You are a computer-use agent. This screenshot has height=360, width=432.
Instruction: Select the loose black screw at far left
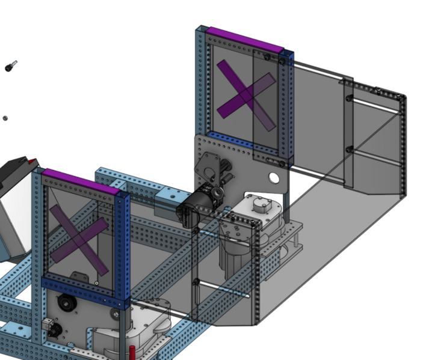click(x=10, y=66)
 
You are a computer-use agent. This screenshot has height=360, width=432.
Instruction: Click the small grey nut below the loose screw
click(x=5, y=118)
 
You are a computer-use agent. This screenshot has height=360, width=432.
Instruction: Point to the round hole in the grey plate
click(x=274, y=178)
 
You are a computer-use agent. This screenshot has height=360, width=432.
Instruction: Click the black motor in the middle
click(x=194, y=207)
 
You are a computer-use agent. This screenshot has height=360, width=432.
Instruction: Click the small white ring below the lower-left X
click(x=96, y=282)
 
